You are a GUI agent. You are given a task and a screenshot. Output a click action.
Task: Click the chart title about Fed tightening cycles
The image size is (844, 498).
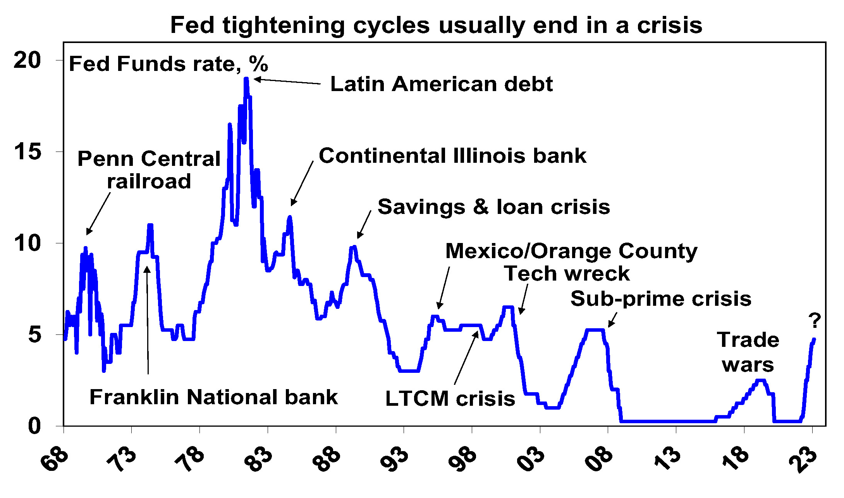(436, 26)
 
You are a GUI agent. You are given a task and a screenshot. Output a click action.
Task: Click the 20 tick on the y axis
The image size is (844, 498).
(27, 60)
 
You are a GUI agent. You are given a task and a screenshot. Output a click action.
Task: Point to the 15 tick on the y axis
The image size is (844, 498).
(27, 152)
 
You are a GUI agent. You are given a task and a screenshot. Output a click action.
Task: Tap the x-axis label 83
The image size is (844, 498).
(259, 459)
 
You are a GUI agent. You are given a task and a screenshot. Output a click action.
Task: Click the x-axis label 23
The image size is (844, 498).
(803, 459)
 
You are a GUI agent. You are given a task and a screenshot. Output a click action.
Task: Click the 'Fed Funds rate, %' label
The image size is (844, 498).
(168, 64)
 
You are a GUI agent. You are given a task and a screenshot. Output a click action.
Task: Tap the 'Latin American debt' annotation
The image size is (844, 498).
(441, 84)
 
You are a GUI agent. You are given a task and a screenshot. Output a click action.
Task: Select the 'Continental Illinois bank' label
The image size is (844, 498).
(452, 156)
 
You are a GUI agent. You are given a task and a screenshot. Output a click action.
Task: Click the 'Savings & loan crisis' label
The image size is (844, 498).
(494, 207)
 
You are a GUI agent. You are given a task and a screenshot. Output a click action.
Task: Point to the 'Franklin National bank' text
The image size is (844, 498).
(213, 397)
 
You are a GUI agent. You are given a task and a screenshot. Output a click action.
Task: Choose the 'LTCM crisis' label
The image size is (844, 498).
(450, 399)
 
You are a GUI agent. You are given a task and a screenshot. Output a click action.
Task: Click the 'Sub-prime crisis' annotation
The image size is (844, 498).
(661, 299)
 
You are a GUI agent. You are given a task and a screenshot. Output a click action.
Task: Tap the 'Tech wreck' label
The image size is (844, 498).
(567, 274)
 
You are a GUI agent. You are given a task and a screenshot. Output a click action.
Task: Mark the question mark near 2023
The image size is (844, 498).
(815, 321)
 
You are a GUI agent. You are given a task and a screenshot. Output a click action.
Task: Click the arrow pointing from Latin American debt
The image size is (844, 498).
(287, 81)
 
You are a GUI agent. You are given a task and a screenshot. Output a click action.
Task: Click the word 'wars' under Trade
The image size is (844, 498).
(748, 365)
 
